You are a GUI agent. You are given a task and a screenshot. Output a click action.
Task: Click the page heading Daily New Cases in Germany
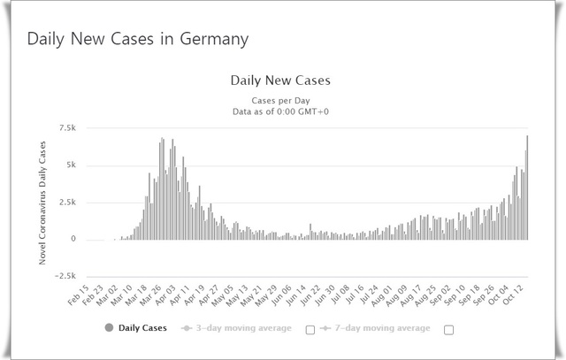tap(137, 40)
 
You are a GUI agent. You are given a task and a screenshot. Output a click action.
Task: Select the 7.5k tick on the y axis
tap(68, 128)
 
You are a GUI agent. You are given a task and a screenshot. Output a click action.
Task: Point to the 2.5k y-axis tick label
tap(68, 203)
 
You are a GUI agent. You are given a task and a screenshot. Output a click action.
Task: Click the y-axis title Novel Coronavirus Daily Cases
tap(43, 203)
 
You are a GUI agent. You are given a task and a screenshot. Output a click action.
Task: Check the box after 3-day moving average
tap(310, 330)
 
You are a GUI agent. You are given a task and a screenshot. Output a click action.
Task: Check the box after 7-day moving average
tap(448, 330)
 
